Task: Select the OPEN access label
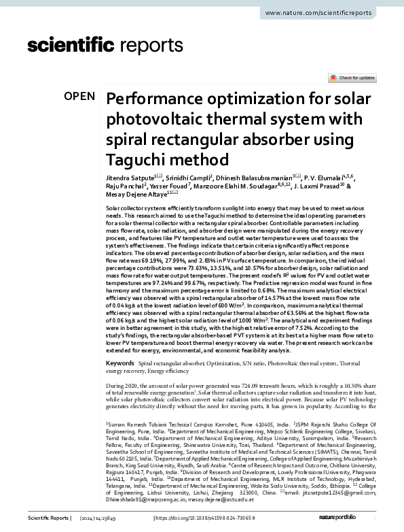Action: [79, 96]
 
